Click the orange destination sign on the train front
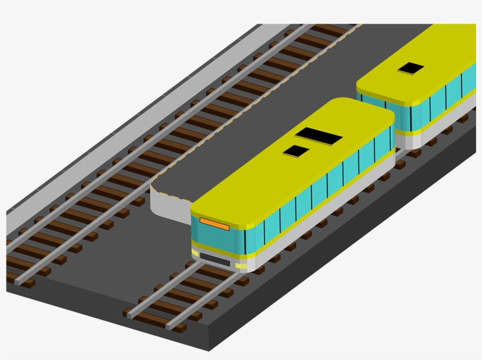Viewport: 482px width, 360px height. [214, 223]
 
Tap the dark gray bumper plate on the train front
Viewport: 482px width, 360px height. [215, 257]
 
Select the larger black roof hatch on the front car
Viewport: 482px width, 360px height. [319, 136]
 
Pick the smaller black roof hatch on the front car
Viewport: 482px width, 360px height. [296, 152]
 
